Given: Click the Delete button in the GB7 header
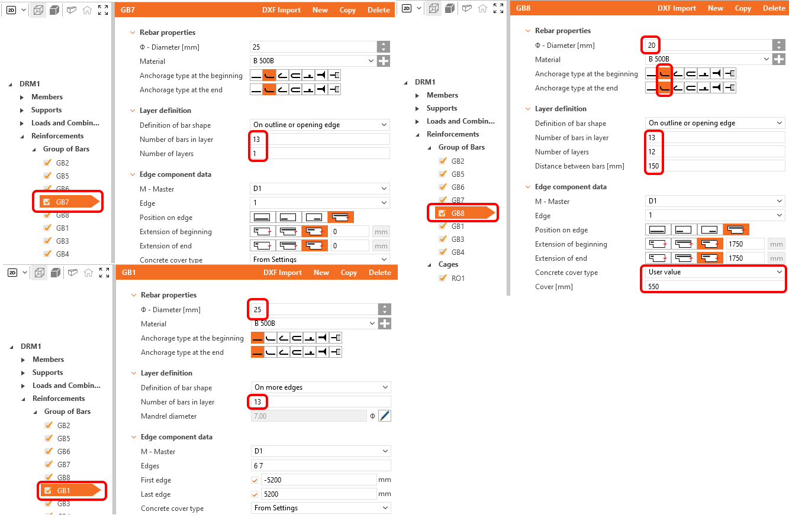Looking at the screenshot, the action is [x=379, y=10].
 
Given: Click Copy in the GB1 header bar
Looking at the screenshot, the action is [x=349, y=273].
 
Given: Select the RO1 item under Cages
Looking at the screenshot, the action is [x=458, y=278].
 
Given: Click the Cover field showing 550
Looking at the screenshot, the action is [x=714, y=286].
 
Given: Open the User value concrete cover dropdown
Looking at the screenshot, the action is [x=714, y=272].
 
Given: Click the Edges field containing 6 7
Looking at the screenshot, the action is [x=321, y=465].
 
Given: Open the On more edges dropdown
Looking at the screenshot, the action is [x=321, y=387].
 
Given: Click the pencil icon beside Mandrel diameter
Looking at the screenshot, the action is [x=384, y=416].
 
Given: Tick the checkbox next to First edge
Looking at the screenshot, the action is [x=255, y=480].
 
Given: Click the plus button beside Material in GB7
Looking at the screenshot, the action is [x=383, y=61].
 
